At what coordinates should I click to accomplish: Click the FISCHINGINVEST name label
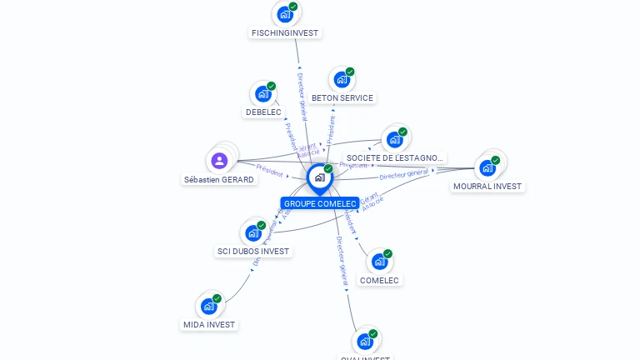click(x=284, y=33)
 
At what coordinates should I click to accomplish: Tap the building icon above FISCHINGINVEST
click(x=285, y=14)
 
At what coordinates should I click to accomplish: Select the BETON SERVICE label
click(x=342, y=98)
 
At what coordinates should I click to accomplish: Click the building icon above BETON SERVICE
click(x=341, y=80)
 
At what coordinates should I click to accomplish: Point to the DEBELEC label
click(x=263, y=112)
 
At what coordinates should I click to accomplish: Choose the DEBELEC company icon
click(x=263, y=93)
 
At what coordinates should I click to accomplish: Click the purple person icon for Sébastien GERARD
click(x=220, y=160)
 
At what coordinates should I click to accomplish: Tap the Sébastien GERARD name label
click(x=219, y=180)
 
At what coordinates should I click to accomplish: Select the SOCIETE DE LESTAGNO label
click(x=395, y=158)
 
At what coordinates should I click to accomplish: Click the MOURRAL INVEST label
click(x=487, y=187)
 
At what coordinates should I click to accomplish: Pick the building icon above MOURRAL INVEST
click(x=487, y=167)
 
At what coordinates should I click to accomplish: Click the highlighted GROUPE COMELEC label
click(x=320, y=203)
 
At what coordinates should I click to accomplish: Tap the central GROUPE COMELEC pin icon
click(x=319, y=177)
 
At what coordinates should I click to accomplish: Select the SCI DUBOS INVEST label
click(x=252, y=252)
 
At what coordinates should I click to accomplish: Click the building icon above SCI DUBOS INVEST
click(x=252, y=233)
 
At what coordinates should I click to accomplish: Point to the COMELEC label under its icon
click(x=379, y=281)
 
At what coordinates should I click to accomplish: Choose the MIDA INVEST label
click(x=209, y=325)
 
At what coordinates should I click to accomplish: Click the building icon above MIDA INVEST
click(x=208, y=306)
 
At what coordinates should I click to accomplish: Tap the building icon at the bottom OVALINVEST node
click(x=364, y=341)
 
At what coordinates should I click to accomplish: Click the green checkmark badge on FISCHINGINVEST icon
click(x=293, y=7)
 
